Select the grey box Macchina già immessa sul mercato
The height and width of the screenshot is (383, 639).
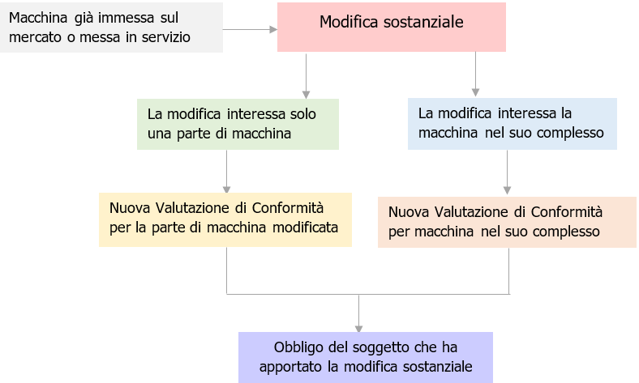point(111,28)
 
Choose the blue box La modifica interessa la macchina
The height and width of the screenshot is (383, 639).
point(512,123)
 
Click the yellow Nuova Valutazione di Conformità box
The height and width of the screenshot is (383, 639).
point(225,219)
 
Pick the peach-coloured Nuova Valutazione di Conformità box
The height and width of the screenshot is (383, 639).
point(508,221)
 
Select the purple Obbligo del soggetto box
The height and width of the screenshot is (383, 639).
point(366,357)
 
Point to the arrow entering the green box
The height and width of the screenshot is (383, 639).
point(307,78)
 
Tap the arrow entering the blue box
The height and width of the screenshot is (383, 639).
point(475,78)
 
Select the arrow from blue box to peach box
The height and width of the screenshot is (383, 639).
point(508,172)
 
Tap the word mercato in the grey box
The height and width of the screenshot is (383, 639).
point(33,37)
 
